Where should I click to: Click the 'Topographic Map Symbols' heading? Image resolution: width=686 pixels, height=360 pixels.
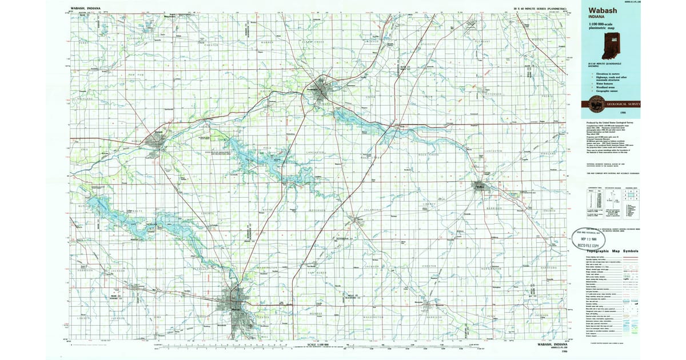[609, 252]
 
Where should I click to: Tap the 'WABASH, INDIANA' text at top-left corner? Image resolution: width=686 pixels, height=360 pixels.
[85, 9]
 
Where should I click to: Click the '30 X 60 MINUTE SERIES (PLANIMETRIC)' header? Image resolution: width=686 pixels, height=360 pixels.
[540, 9]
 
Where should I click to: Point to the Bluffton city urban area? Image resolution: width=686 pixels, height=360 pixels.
[479, 185]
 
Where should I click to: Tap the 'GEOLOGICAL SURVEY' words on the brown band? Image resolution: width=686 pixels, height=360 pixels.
[624, 104]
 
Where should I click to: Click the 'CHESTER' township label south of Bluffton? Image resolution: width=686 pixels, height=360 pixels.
[429, 266]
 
